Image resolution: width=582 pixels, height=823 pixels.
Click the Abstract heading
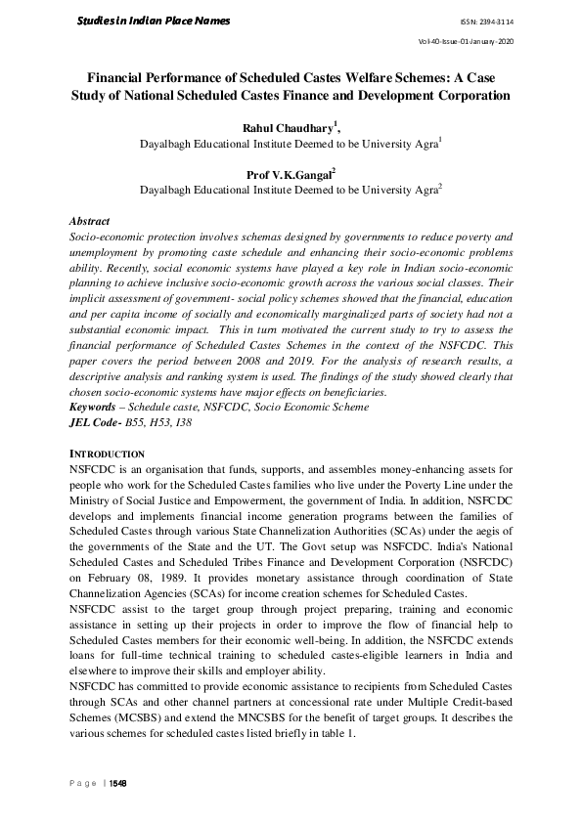(x=90, y=222)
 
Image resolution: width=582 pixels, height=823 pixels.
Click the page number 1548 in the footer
(x=119, y=784)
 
